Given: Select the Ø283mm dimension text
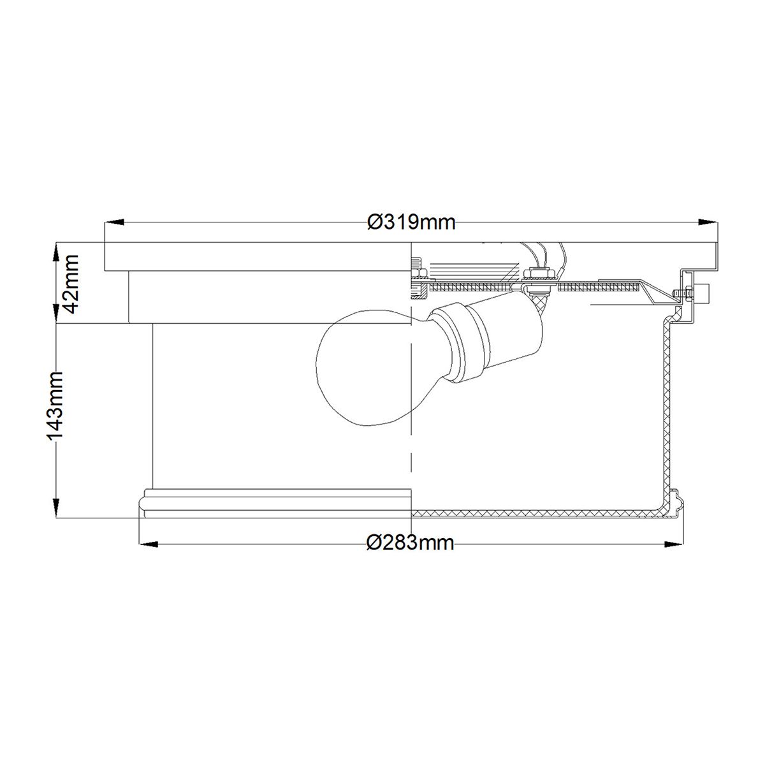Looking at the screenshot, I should point(411,543).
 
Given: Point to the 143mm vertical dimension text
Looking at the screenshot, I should point(55,405).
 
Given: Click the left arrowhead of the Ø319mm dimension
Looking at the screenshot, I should point(115,222).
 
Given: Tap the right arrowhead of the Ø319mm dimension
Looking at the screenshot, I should point(706,222).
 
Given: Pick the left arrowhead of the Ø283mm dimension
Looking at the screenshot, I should point(149,544).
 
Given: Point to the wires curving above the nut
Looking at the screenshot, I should point(542,255).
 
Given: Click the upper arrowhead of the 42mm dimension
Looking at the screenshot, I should point(57,250).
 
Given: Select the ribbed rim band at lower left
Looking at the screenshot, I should point(274,502).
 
